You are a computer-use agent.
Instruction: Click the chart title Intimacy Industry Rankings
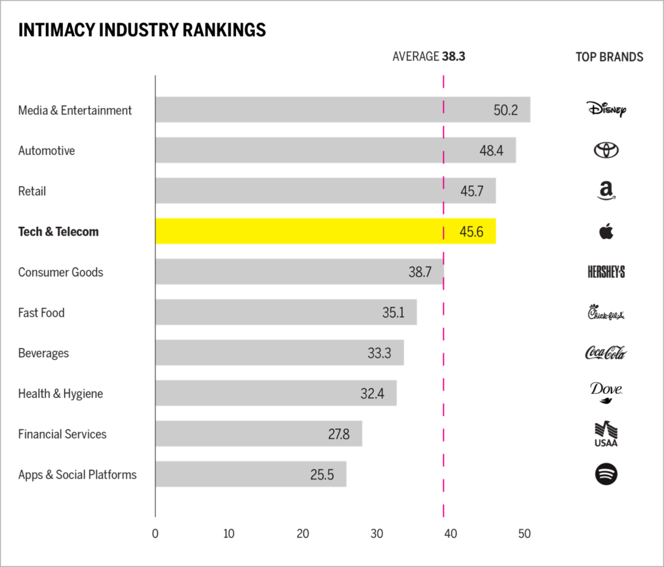[142, 30]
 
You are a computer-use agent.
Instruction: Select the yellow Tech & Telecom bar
[324, 231]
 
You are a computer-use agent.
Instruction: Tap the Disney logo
[606, 109]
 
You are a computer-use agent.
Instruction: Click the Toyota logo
[606, 150]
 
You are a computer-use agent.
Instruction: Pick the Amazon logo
[606, 191]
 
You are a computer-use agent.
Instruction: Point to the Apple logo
[606, 231]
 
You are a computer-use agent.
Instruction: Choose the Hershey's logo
[606, 272]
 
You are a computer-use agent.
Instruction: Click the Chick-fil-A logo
[606, 314]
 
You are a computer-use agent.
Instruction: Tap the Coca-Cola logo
[606, 353]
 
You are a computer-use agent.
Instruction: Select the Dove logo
[606, 392]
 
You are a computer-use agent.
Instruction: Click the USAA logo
[606, 434]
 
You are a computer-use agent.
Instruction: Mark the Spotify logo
[606, 474]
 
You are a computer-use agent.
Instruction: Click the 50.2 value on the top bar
[506, 110]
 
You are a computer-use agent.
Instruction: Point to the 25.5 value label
[322, 475]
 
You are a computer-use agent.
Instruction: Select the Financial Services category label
[62, 434]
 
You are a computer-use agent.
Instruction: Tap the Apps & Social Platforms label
[77, 475]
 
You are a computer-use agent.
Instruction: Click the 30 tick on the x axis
[377, 535]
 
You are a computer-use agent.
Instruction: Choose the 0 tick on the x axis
[155, 535]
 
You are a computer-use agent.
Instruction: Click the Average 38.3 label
[429, 56]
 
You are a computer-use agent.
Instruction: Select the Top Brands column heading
[609, 57]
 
